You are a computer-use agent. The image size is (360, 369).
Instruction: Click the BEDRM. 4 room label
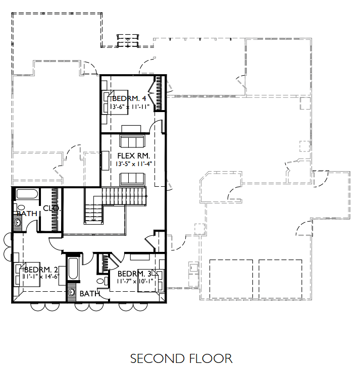[x=129, y=98]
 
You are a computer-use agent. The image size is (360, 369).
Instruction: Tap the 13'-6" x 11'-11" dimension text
[x=130, y=107]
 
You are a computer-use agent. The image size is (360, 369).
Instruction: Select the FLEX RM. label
[x=133, y=156]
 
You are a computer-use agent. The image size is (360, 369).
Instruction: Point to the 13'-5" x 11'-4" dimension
[x=133, y=164]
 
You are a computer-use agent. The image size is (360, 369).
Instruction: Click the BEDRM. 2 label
[x=41, y=269]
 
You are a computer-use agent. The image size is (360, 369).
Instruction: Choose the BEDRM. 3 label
[x=134, y=274]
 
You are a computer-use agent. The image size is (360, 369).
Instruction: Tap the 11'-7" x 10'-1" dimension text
[x=135, y=281]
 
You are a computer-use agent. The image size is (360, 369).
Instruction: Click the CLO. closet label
[x=52, y=208]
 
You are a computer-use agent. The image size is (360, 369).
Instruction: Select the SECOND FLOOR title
[x=181, y=358]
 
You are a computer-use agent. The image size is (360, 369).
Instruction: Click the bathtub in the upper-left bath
[x=27, y=194]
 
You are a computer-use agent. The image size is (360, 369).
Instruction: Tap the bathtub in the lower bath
[x=73, y=269]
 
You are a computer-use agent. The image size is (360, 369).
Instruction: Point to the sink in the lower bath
[x=72, y=292]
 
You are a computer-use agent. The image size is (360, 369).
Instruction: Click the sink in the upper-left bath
[x=18, y=222]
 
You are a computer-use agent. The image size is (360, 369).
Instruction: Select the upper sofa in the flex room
[x=132, y=141]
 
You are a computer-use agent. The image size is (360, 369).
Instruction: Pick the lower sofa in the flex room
[x=132, y=179]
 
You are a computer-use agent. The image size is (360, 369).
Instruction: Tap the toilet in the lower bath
[x=102, y=281]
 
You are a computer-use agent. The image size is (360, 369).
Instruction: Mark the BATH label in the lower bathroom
[x=89, y=294]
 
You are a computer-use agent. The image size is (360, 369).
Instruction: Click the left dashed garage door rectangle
[x=231, y=279]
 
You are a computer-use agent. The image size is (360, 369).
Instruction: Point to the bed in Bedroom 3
[x=150, y=281]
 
